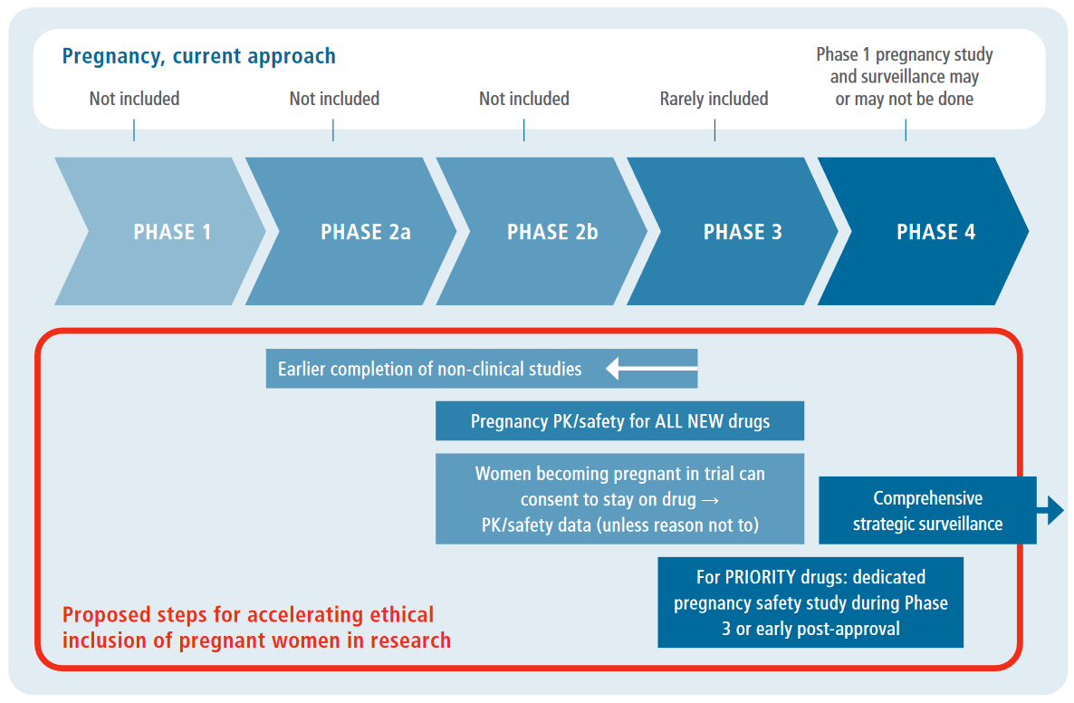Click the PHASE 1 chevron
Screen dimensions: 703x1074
coord(163,232)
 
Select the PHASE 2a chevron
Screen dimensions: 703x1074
coord(358,232)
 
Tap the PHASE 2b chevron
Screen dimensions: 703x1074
coord(548,232)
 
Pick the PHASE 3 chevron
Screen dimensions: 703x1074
coord(738,232)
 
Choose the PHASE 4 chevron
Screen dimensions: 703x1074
coord(928,232)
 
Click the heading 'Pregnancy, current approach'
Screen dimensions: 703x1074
coord(198,56)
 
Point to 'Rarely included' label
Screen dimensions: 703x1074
coord(714,99)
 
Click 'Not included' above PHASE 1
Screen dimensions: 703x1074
coord(134,99)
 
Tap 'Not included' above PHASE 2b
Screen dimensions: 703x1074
coord(524,99)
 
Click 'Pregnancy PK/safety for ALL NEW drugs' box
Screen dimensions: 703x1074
coord(619,421)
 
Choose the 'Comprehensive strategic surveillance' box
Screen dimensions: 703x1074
coord(927,511)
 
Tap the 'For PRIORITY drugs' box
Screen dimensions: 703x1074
coord(810,602)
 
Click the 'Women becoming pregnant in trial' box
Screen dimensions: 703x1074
coord(619,499)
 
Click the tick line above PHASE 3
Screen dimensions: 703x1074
coord(714,130)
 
